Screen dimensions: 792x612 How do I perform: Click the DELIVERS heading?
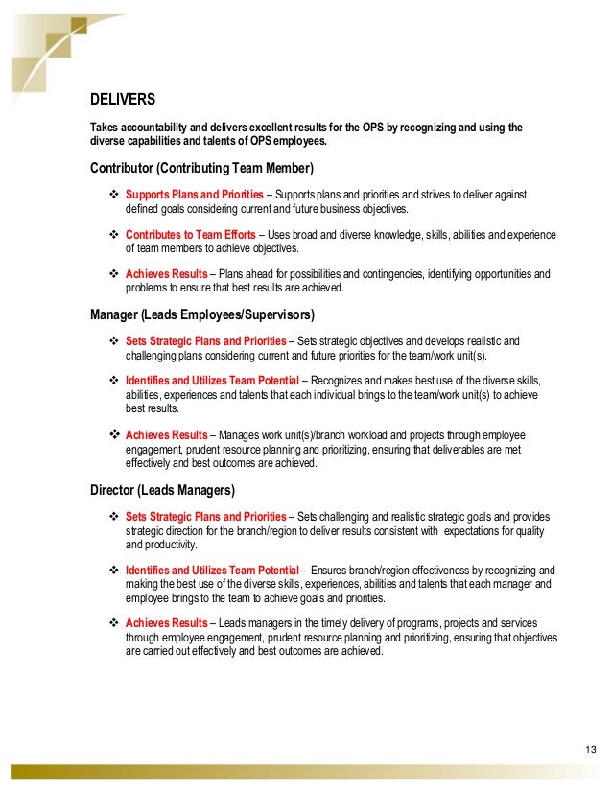(123, 99)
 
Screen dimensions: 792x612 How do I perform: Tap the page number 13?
(589, 748)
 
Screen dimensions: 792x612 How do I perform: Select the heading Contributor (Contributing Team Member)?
(201, 169)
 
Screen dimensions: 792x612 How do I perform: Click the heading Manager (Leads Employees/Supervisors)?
(201, 314)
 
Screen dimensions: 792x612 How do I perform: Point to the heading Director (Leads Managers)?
(162, 490)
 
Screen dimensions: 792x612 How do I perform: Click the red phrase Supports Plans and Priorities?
(195, 194)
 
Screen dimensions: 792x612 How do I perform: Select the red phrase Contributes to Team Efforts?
(191, 234)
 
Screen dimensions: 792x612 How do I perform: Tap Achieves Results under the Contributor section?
(166, 274)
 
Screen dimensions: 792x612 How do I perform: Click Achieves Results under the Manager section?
(166, 434)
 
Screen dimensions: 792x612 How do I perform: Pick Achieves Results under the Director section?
(166, 623)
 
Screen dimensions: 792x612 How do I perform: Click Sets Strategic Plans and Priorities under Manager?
(205, 340)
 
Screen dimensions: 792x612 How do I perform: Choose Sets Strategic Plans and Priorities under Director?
(205, 516)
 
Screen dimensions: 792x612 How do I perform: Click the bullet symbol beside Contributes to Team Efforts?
(114, 234)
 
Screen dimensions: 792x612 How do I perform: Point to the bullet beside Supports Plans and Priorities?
(114, 194)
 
